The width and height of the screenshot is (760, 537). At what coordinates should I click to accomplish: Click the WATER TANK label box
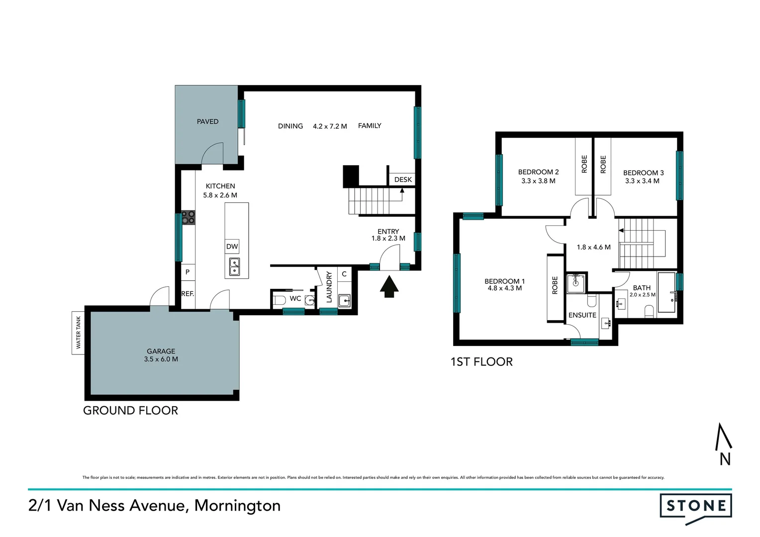(x=78, y=333)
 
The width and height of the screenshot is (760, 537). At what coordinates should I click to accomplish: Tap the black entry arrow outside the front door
(x=389, y=287)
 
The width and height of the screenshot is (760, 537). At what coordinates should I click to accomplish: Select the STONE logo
(x=695, y=507)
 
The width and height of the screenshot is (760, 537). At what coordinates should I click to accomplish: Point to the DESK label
(x=403, y=179)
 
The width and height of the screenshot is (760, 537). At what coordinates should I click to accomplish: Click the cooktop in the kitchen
(x=188, y=218)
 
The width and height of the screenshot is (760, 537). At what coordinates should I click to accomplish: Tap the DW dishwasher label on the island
(x=232, y=247)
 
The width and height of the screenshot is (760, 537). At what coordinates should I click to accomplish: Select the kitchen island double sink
(x=234, y=267)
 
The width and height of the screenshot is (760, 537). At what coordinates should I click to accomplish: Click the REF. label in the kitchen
(x=188, y=294)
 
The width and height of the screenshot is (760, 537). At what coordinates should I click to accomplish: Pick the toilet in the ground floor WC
(x=279, y=299)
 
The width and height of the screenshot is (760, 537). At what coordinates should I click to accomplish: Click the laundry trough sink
(x=344, y=301)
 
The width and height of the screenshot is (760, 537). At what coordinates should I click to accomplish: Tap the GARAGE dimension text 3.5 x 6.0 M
(x=161, y=359)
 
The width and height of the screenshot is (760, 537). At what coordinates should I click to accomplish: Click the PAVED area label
(x=207, y=121)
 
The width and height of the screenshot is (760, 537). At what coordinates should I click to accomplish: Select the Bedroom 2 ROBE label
(x=584, y=164)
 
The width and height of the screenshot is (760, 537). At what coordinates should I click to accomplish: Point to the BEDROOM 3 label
(x=643, y=173)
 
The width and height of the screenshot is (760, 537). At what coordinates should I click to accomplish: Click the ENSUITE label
(x=582, y=315)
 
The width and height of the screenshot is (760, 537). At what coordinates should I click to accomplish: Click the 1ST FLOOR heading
(x=481, y=362)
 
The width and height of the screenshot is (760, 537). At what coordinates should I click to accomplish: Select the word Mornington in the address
(x=237, y=506)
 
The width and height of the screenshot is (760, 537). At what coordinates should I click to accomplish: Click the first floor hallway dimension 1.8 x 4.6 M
(x=593, y=247)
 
